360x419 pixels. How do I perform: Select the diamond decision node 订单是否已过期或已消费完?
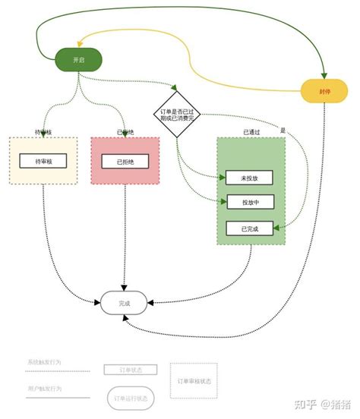[177, 115]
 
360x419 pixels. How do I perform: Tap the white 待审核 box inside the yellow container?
[43, 161]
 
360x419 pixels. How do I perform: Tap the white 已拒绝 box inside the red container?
[125, 161]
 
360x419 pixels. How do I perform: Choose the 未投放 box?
[249, 177]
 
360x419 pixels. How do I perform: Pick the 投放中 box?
[249, 202]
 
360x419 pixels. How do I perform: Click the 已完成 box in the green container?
[249, 228]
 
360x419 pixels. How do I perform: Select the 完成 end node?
[125, 303]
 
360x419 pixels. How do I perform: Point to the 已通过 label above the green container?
[251, 131]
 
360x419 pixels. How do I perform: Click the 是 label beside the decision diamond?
[283, 130]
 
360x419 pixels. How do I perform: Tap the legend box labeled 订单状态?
[130, 370]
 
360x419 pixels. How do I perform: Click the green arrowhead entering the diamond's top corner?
[175, 88]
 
